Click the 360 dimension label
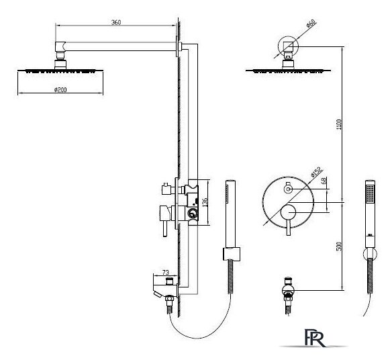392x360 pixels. [x=116, y=22]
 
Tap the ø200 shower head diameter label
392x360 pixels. [x=60, y=89]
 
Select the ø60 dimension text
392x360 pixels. [x=311, y=23]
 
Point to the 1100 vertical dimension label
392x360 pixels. [x=339, y=124]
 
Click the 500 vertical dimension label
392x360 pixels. [x=339, y=246]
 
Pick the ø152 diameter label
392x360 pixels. [x=316, y=172]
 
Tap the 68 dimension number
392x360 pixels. [x=324, y=181]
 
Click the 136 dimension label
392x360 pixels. [x=205, y=202]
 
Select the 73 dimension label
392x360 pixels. [x=166, y=272]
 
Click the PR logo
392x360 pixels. [x=315, y=338]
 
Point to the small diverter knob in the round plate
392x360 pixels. [x=288, y=189]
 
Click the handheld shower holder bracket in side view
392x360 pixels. [x=232, y=254]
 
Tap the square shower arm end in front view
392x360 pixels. [x=288, y=47]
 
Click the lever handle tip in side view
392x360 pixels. [x=165, y=234]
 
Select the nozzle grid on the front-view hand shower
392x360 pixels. [x=370, y=193]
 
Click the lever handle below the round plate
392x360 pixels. [x=288, y=228]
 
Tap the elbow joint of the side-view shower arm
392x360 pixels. [x=60, y=46]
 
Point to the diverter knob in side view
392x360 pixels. [x=166, y=189]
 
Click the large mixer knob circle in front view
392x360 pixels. [x=288, y=212]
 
